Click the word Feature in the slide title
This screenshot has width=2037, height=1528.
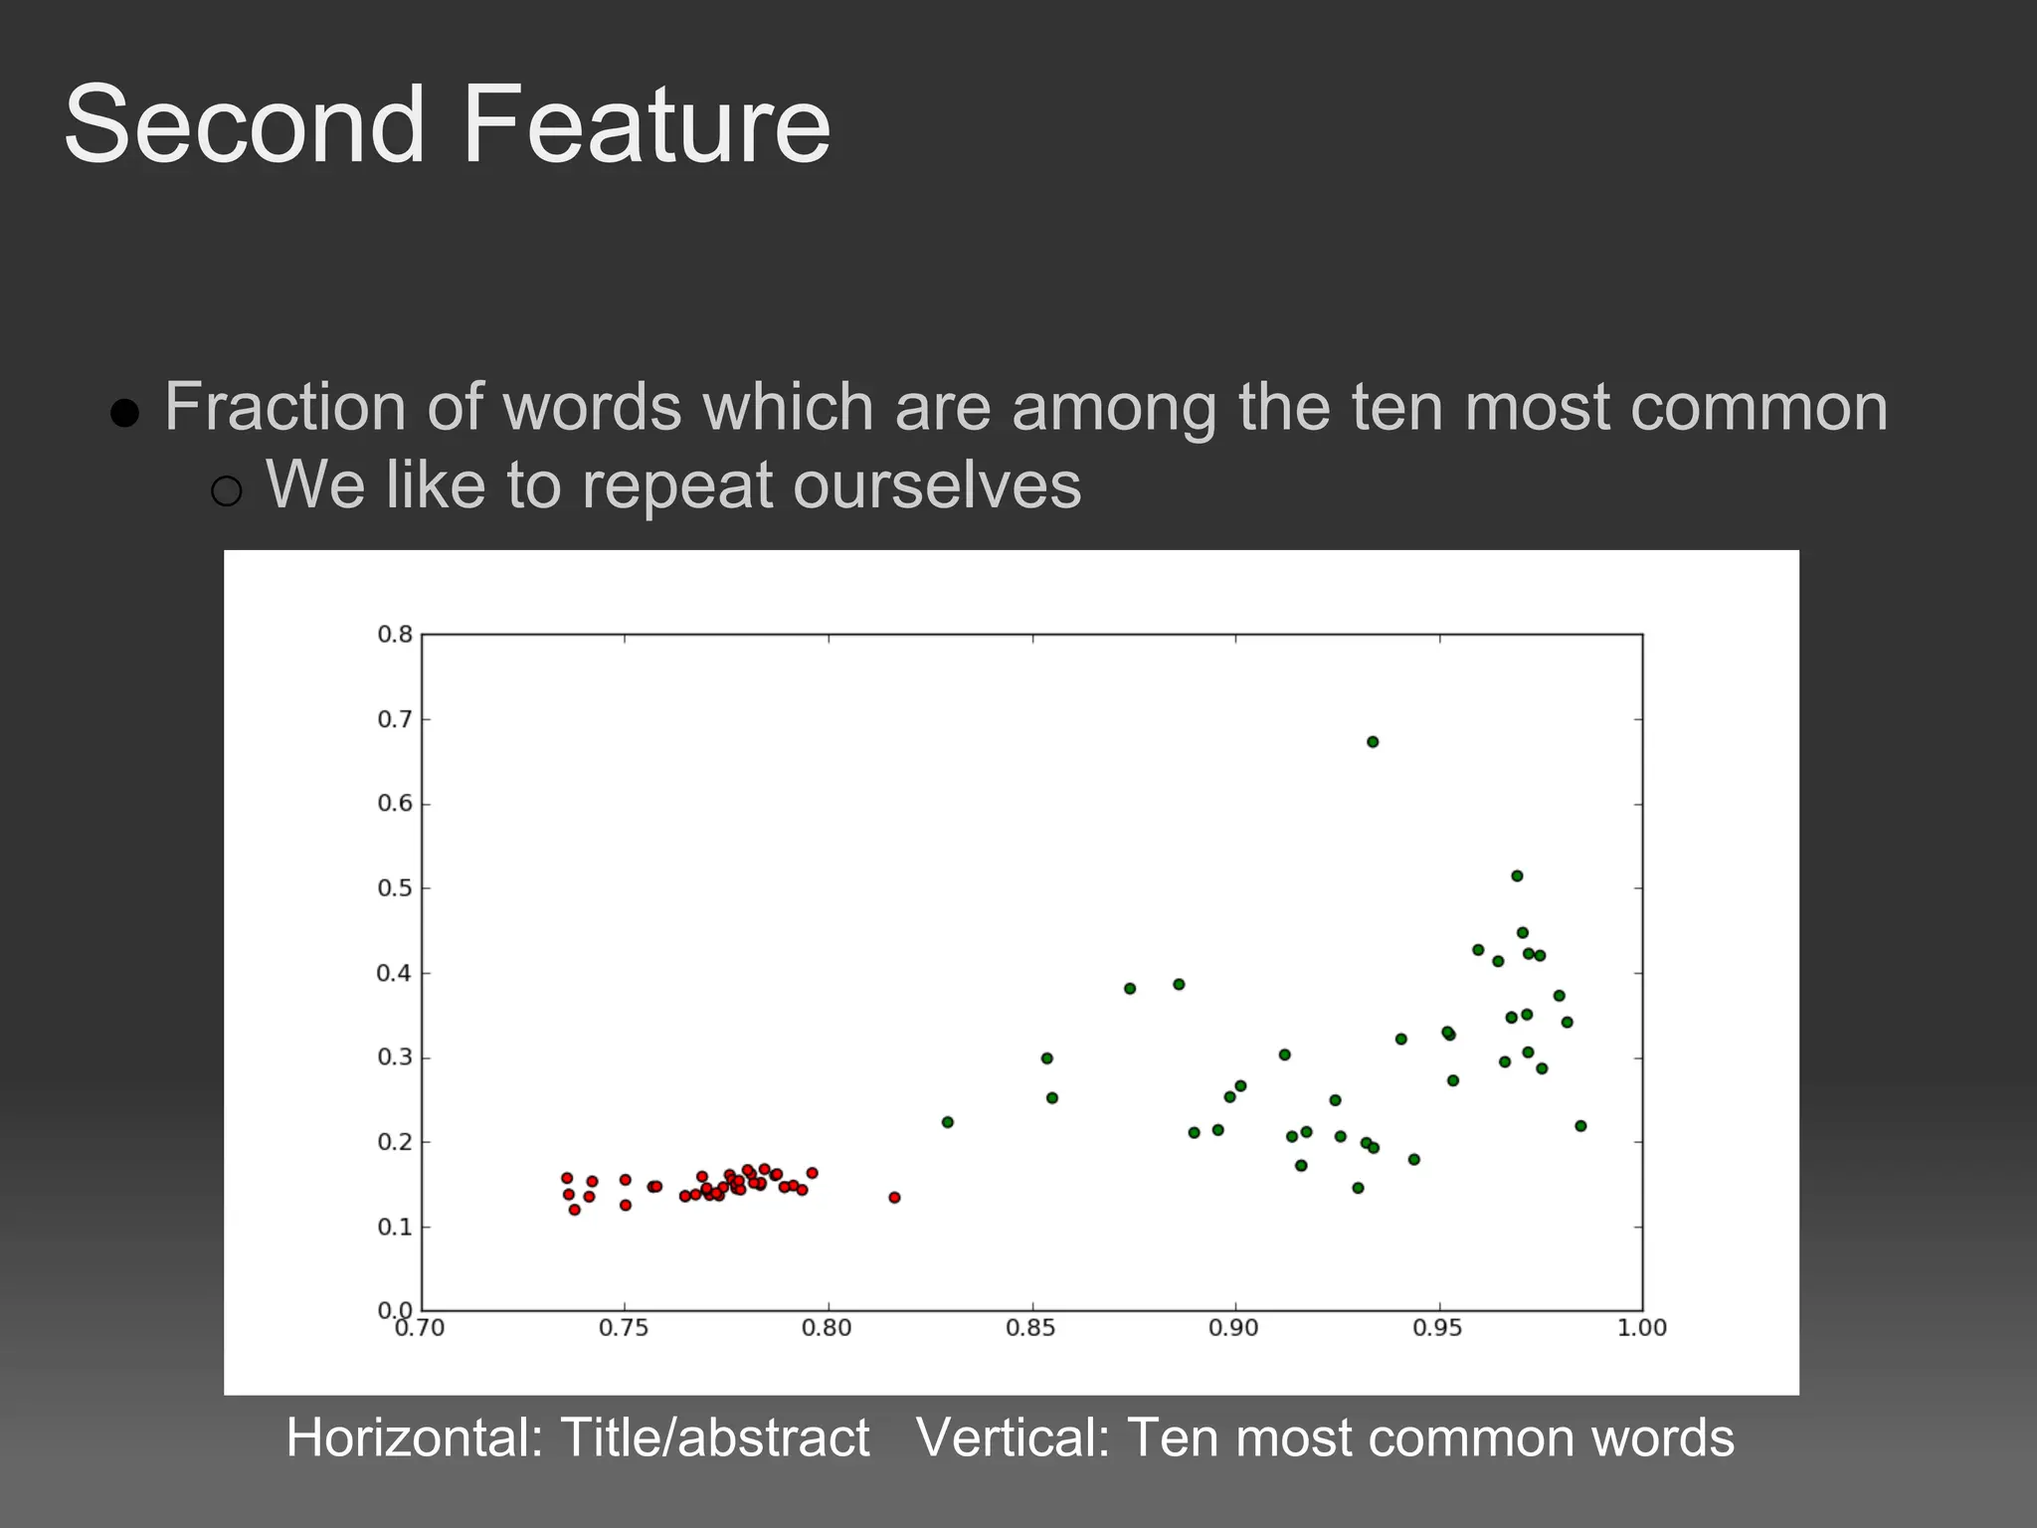(x=647, y=125)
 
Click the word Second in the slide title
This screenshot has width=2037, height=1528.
(x=245, y=125)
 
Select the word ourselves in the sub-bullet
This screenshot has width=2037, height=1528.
(x=936, y=485)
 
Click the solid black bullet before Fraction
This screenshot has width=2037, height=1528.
(x=124, y=412)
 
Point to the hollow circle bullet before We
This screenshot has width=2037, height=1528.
(x=227, y=490)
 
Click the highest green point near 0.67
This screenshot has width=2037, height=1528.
(x=1373, y=741)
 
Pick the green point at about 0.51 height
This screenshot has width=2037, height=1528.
(x=1517, y=875)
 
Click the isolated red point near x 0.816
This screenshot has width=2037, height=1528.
(x=894, y=1197)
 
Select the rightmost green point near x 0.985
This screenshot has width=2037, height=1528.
(x=1580, y=1126)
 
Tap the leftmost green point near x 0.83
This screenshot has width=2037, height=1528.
(x=947, y=1122)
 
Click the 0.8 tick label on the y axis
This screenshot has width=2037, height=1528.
(x=395, y=635)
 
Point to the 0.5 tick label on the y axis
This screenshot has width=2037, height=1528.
(x=395, y=888)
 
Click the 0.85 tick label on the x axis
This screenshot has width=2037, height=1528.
(x=1030, y=1328)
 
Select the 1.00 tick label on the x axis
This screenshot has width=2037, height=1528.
(x=1641, y=1328)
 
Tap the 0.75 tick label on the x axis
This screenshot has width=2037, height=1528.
(x=624, y=1328)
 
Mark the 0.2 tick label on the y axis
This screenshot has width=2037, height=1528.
(x=395, y=1142)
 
